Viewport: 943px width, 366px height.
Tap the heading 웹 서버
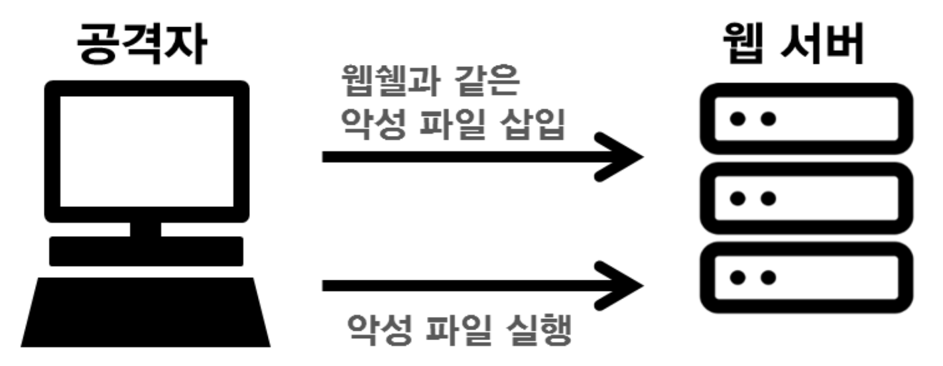click(x=794, y=45)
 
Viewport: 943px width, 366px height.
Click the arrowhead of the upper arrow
click(x=623, y=157)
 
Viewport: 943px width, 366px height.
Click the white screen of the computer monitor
click(x=147, y=151)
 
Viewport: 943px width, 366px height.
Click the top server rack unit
click(x=806, y=119)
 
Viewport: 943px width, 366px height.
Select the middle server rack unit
click(x=806, y=198)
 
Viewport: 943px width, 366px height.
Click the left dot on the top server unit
click(x=737, y=119)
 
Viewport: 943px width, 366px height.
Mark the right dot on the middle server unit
click(x=767, y=198)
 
